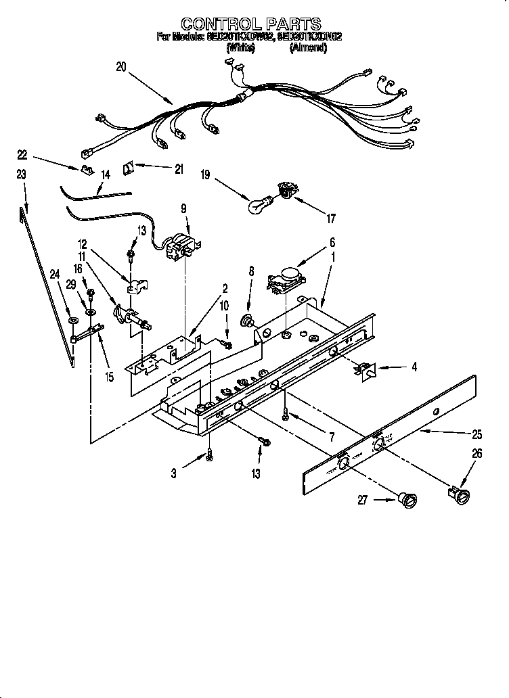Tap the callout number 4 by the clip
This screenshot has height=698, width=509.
tap(414, 367)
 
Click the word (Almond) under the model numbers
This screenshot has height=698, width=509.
tap(309, 47)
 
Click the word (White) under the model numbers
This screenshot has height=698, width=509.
tap(240, 47)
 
